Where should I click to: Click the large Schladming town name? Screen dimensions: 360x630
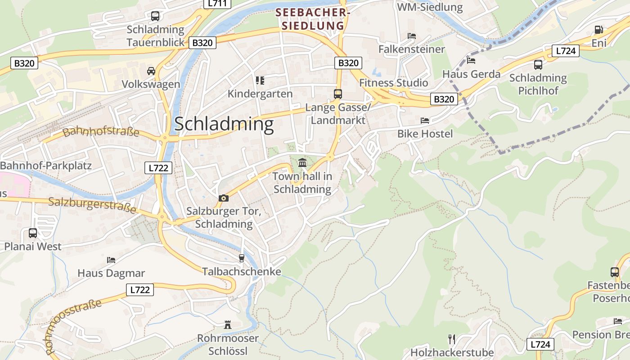224,124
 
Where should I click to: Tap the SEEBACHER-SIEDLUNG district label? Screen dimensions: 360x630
313,19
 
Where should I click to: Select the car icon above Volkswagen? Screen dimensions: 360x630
151,71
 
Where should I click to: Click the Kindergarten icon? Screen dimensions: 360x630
260,81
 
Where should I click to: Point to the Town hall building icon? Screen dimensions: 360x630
302,162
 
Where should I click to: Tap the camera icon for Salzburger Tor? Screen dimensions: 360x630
223,198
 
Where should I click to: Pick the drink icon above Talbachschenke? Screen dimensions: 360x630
242,258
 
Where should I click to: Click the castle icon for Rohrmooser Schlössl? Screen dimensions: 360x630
228,324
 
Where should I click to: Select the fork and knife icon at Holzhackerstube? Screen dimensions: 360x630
452,339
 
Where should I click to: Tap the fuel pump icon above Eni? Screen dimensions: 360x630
598,30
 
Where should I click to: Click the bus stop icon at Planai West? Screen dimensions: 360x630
33,233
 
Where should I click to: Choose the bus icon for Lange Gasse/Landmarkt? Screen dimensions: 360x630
337,94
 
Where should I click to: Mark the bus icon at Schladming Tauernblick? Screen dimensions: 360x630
155,16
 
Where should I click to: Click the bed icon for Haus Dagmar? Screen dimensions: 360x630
111,260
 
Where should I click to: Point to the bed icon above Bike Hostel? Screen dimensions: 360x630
424,121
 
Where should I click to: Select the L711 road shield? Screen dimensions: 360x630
218,4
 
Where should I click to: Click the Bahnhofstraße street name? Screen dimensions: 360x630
101,132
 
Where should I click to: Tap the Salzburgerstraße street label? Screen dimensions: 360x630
92,205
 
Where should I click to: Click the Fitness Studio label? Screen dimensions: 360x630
393,83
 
